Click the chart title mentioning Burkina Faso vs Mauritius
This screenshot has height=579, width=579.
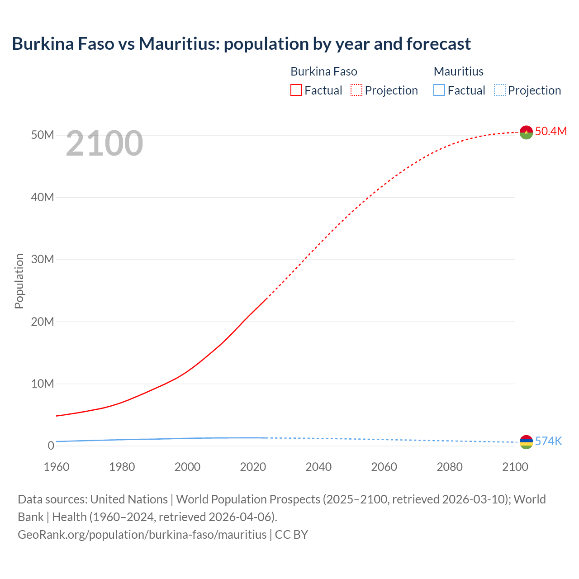241,44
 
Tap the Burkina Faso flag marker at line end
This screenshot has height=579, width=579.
526,132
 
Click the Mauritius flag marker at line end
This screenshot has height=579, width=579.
526,442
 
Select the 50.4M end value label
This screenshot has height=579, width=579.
551,131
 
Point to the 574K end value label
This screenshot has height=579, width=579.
548,441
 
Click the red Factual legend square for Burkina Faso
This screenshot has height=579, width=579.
296,90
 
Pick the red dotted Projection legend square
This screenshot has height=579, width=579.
356,90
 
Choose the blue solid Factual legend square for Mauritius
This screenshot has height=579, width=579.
439,90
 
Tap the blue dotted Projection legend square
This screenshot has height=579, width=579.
499,90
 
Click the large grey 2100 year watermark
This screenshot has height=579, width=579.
104,143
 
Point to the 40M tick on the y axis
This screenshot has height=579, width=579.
43,197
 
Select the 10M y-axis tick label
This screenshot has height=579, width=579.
43,384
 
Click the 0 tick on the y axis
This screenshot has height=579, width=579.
51,446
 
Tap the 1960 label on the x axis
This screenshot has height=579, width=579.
57,467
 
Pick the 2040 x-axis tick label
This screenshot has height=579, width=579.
318,467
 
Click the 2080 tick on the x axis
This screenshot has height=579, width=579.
450,467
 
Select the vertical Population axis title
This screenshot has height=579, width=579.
19,281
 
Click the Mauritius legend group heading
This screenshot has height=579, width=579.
458,71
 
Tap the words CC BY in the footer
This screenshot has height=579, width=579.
291,534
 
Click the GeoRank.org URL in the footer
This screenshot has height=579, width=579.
142,534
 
